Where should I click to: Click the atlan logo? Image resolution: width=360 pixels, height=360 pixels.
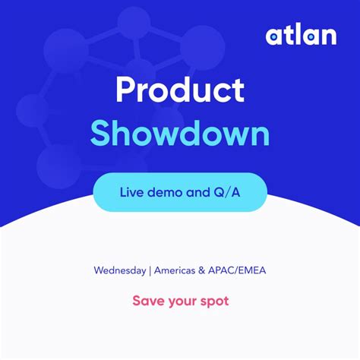(301, 35)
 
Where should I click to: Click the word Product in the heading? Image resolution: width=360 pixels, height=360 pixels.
(180, 90)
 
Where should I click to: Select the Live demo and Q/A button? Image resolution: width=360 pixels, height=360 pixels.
(180, 191)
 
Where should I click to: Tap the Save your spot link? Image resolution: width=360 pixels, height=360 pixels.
(180, 301)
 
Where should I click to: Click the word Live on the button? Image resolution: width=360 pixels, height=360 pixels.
(130, 191)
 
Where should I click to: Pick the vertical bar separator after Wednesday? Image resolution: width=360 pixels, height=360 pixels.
(150, 270)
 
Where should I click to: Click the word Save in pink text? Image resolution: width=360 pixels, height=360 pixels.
(147, 301)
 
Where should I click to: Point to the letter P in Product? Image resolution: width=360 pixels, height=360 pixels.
(125, 90)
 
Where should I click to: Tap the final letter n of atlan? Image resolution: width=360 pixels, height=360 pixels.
(328, 36)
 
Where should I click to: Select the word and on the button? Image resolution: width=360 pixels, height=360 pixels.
(196, 191)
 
